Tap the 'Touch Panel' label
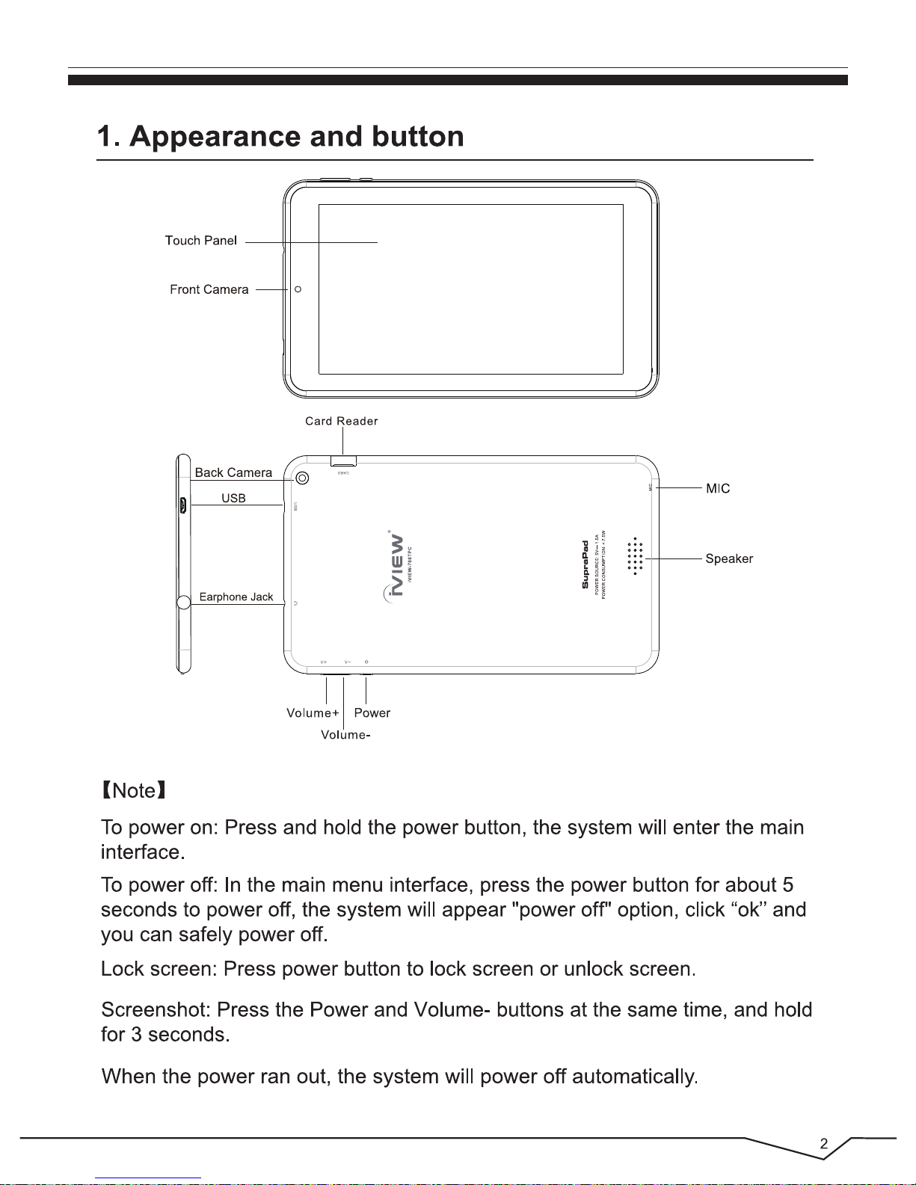coord(201,241)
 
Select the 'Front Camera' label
coord(209,290)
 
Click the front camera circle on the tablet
coord(298,289)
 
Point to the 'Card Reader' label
coord(342,422)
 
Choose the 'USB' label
coord(233,499)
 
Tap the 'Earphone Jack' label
coord(236,597)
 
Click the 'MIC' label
coord(718,489)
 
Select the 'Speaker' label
coord(729,559)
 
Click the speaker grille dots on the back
coord(635,557)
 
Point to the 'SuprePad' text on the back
coord(585,564)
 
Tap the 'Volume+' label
coord(313,713)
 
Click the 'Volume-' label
coord(345,735)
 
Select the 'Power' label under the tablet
coord(372,713)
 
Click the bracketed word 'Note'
coord(134,791)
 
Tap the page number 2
coord(823,1144)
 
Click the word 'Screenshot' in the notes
coord(155,1010)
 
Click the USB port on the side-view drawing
coord(182,506)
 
